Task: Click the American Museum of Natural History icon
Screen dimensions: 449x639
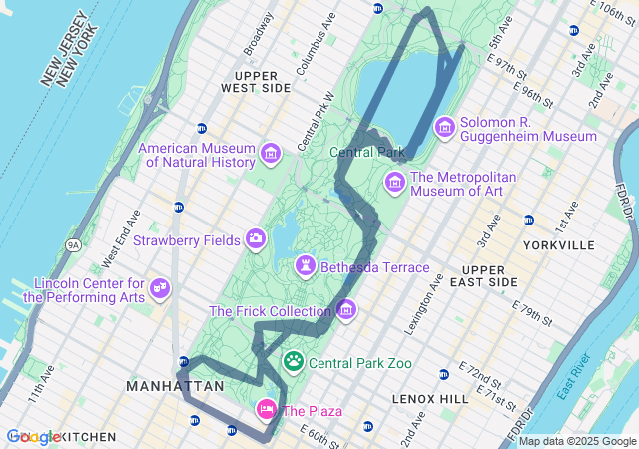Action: pos(270,153)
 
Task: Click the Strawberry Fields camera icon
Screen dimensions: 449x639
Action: pos(256,238)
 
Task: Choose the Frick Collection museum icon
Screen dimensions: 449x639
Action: pos(346,310)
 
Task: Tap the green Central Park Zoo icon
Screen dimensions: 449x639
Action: pos(295,361)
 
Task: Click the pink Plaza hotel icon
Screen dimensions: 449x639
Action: pos(267,408)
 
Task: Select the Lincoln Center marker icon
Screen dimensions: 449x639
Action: pos(159,288)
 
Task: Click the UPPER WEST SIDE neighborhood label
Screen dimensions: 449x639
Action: pos(262,82)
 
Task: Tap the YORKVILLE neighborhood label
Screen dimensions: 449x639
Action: pos(564,245)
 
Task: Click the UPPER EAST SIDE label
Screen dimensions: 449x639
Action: pos(496,276)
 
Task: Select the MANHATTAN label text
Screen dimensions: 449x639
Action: pos(175,385)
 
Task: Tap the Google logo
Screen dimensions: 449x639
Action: pos(33,437)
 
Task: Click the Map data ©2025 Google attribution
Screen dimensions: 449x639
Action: pos(576,441)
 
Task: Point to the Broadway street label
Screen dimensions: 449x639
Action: pos(258,34)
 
